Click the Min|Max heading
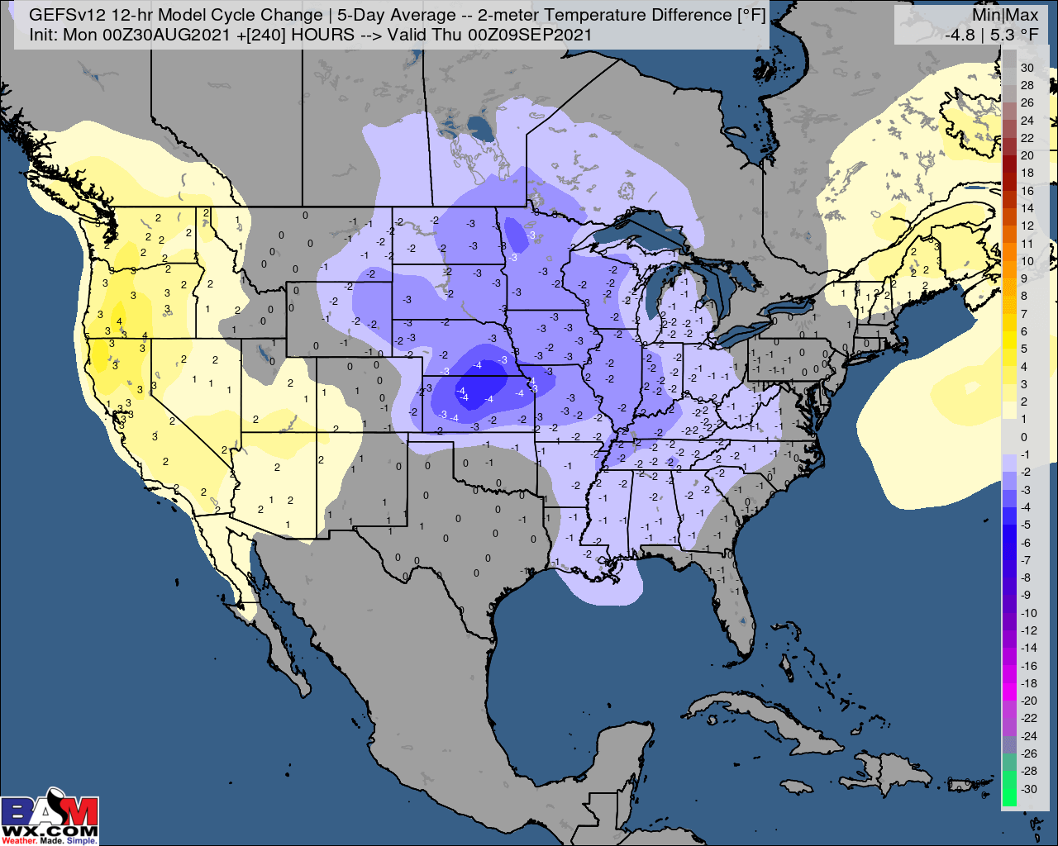pos(1005,15)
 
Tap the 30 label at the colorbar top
pos(1027,68)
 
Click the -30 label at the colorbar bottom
pos(1028,788)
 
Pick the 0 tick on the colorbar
pos(1024,437)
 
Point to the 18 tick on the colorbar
pos(1027,173)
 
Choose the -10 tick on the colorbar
pos(1028,612)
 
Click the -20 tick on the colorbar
pos(1028,701)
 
